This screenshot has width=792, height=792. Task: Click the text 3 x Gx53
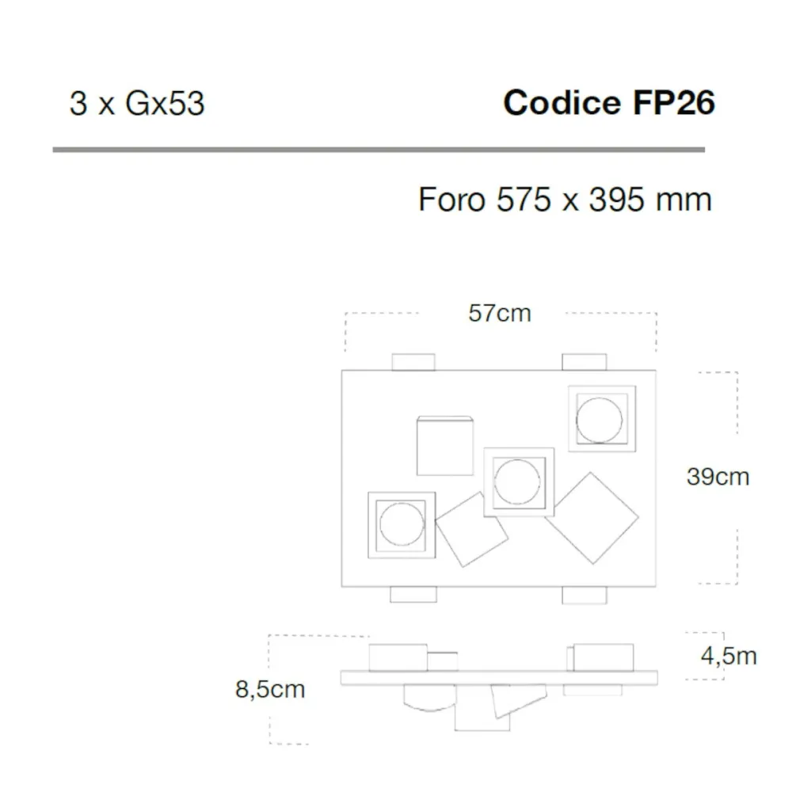pyautogui.click(x=137, y=104)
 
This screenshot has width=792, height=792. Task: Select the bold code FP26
pyautogui.click(x=674, y=102)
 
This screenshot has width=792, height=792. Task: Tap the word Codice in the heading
pyautogui.click(x=562, y=102)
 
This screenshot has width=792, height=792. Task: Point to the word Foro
pyautogui.click(x=452, y=200)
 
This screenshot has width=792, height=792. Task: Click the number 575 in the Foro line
pyautogui.click(x=524, y=200)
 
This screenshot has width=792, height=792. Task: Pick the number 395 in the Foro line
pyautogui.click(x=616, y=200)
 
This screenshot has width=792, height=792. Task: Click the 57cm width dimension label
pyautogui.click(x=500, y=313)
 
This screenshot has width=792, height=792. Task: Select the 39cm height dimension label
pyautogui.click(x=718, y=477)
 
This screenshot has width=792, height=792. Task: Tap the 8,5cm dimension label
pyautogui.click(x=270, y=690)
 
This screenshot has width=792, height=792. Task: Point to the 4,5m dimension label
pyautogui.click(x=729, y=656)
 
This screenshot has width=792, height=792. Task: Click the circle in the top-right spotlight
pyautogui.click(x=599, y=421)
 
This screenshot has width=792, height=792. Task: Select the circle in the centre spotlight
pyautogui.click(x=517, y=482)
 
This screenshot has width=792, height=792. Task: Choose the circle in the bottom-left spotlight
pyautogui.click(x=402, y=524)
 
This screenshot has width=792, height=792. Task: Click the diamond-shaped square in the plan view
pyautogui.click(x=592, y=518)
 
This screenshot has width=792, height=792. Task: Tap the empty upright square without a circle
pyautogui.click(x=445, y=446)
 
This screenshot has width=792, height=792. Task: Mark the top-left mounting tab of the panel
pyautogui.click(x=413, y=362)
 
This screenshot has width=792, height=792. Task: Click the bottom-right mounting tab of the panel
pyautogui.click(x=584, y=595)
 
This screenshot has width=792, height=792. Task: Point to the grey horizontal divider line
pyautogui.click(x=379, y=150)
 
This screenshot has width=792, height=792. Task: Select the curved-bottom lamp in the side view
pyautogui.click(x=430, y=698)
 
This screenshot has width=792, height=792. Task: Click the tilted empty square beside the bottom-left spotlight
pyautogui.click(x=472, y=529)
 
